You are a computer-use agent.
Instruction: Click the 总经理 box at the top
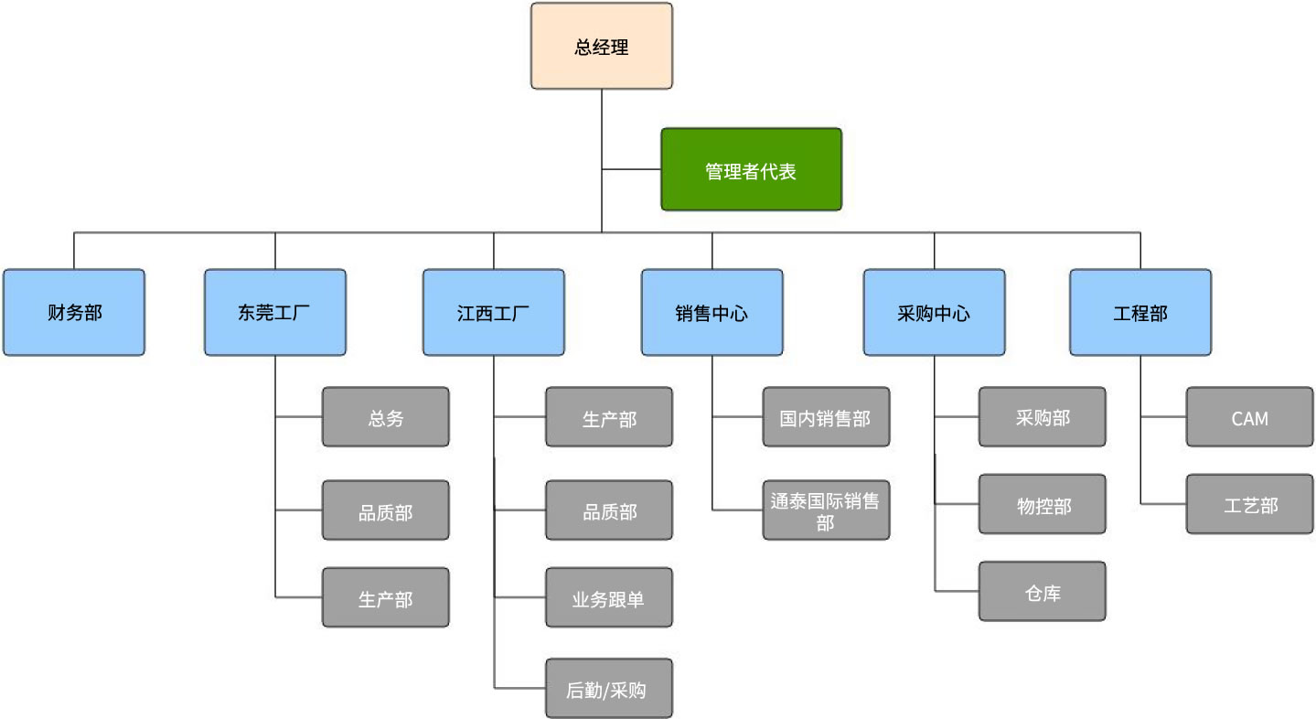[602, 46]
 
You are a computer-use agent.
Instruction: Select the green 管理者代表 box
[752, 169]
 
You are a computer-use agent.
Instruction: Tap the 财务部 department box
[74, 313]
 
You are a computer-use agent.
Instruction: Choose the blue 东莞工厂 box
[275, 313]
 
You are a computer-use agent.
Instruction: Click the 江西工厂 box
[494, 313]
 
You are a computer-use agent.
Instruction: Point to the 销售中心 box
[712, 313]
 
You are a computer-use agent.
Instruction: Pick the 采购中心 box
[934, 313]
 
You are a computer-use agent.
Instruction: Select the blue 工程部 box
[1140, 313]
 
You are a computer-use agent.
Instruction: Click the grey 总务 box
[385, 417]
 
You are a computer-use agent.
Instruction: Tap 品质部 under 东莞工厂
[385, 510]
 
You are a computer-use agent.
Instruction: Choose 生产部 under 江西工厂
[609, 417]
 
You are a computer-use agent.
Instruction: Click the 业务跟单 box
[609, 597]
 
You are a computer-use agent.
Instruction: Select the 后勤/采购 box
[609, 689]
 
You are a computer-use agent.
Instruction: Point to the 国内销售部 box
[827, 417]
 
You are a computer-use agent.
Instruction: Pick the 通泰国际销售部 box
[827, 510]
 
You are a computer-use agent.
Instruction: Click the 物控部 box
[1043, 504]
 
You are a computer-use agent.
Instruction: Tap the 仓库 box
[1043, 591]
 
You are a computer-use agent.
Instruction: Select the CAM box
[1249, 417]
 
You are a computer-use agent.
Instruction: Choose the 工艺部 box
[1249, 504]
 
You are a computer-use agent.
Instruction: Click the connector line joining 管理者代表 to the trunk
[632, 169]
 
